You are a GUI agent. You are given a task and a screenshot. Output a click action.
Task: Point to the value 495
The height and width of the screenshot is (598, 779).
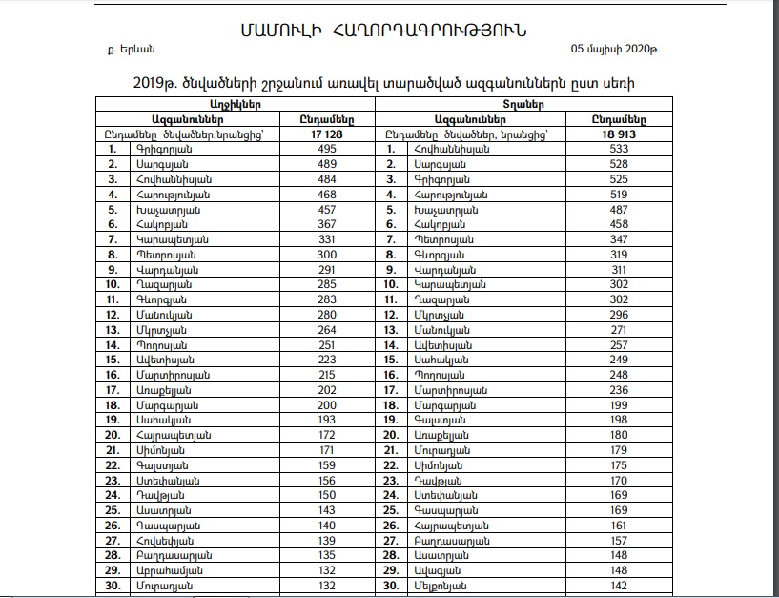pyautogui.click(x=327, y=150)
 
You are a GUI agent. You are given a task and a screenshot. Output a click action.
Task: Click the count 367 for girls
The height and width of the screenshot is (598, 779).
pyautogui.click(x=327, y=224)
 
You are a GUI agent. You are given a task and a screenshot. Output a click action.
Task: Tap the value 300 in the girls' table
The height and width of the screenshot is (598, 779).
pyautogui.click(x=327, y=255)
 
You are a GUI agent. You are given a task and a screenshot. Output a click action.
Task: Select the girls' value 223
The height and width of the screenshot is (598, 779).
pyautogui.click(x=327, y=360)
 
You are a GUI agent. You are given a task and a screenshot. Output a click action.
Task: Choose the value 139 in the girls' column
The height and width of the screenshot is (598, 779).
pyautogui.click(x=327, y=540)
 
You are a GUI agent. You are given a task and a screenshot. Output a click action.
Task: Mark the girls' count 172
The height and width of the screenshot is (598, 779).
pyautogui.click(x=327, y=435)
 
